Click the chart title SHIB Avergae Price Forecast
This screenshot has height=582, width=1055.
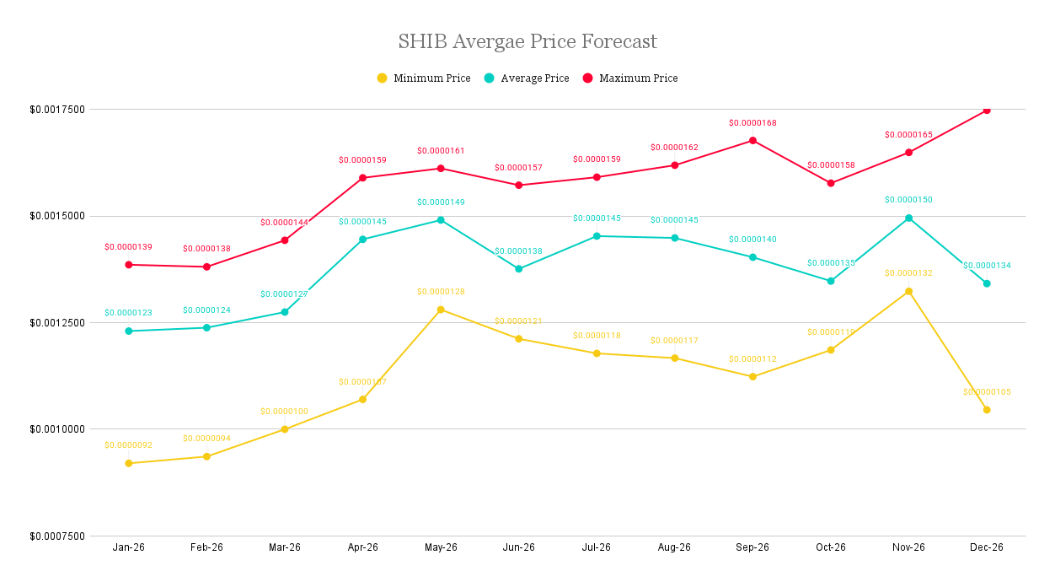[x=527, y=41]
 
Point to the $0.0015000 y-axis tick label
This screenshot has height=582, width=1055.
[x=57, y=216]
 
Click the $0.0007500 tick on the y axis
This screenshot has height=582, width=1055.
[x=57, y=536]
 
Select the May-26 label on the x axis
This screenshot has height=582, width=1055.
[x=441, y=547]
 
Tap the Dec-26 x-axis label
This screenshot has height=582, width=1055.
[x=987, y=547]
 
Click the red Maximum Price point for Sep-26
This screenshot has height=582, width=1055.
[x=752, y=141]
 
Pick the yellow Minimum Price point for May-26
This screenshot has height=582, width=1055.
[x=441, y=310]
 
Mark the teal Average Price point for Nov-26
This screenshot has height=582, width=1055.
[x=908, y=218]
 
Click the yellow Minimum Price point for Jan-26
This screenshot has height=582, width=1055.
[x=129, y=463]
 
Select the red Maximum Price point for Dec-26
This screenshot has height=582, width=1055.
[x=987, y=110]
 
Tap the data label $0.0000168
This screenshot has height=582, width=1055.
[x=752, y=123]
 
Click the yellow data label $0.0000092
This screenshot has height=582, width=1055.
[x=129, y=445]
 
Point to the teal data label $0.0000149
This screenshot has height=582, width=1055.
[x=441, y=202]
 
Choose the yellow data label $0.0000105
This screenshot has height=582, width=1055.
[x=987, y=392]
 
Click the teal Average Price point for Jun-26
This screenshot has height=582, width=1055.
[x=519, y=269]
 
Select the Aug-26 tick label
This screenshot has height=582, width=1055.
[x=674, y=547]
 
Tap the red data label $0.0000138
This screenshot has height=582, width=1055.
[x=206, y=250]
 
